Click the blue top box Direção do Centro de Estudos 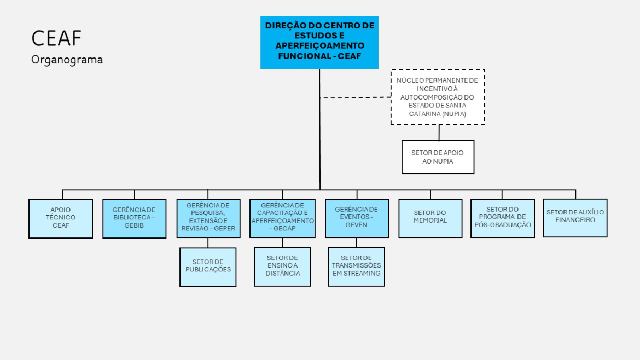pos(319,42)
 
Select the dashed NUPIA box pos(438,97)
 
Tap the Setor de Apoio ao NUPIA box pos(438,157)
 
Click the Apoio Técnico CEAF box pos(61,218)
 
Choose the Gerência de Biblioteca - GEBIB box pos(134,218)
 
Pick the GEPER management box pos(208,218)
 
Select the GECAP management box pos(282,218)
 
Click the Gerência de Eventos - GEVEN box pos(356,218)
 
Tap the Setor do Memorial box pos(430,218)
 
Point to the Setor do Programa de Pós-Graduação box pos(502,218)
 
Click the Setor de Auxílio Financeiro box pos(575,217)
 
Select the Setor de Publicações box pos(208,267)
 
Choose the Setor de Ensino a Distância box pos(282,267)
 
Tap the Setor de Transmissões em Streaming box pos(356,266)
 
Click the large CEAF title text pos(56,39)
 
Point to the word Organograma pos(67,60)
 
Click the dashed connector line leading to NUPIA pos(356,97)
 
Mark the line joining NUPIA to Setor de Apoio pos(439,132)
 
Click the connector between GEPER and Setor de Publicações pos(208,242)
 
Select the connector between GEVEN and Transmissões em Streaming pos(357,242)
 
